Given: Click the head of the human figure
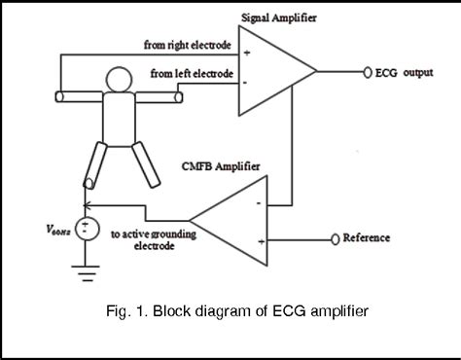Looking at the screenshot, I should click(118, 80).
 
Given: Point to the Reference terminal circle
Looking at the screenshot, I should click(335, 238).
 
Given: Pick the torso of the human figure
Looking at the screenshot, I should click(118, 117).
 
